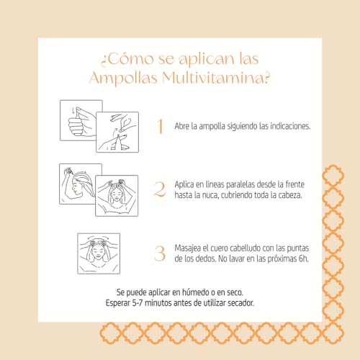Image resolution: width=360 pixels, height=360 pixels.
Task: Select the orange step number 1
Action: (160, 126)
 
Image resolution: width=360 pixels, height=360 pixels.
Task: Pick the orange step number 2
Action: (160, 189)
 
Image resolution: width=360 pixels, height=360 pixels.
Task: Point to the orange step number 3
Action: (160, 253)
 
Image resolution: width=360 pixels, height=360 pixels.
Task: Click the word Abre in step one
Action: (183, 126)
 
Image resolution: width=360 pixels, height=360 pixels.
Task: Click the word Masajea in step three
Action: (191, 247)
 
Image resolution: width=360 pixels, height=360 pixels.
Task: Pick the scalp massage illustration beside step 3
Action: (98, 253)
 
